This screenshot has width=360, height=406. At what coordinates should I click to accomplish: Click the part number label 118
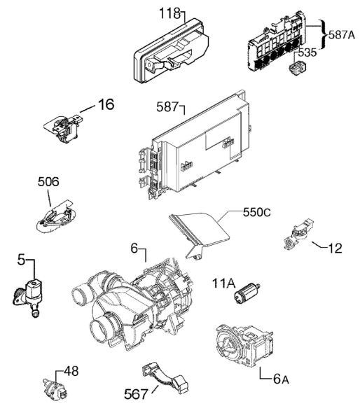pyautogui.click(x=169, y=13)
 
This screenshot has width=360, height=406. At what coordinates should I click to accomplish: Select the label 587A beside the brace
pyautogui.click(x=342, y=35)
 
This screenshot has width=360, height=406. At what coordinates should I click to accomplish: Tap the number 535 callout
pyautogui.click(x=307, y=52)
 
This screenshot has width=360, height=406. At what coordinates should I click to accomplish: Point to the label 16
pyautogui.click(x=106, y=104)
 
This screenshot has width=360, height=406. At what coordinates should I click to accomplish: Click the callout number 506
pyautogui.click(x=48, y=182)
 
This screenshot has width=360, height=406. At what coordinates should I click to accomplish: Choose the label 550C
pyautogui.click(x=256, y=213)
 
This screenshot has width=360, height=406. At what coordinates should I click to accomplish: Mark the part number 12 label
pyautogui.click(x=335, y=248)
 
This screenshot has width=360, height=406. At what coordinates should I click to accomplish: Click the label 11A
pyautogui.click(x=223, y=283)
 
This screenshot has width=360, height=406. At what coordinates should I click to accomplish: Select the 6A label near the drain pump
pyautogui.click(x=281, y=379)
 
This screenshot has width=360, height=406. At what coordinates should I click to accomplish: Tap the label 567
pyautogui.click(x=136, y=394)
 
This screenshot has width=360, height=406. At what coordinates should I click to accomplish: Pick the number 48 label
pyautogui.click(x=71, y=371)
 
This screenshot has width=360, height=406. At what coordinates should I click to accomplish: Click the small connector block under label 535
pyautogui.click(x=297, y=67)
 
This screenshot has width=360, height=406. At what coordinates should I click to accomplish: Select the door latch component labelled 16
pyautogui.click(x=64, y=127)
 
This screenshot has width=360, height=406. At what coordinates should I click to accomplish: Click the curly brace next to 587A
pyautogui.click(x=324, y=34)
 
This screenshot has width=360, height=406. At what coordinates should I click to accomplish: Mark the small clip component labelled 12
pyautogui.click(x=298, y=234)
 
